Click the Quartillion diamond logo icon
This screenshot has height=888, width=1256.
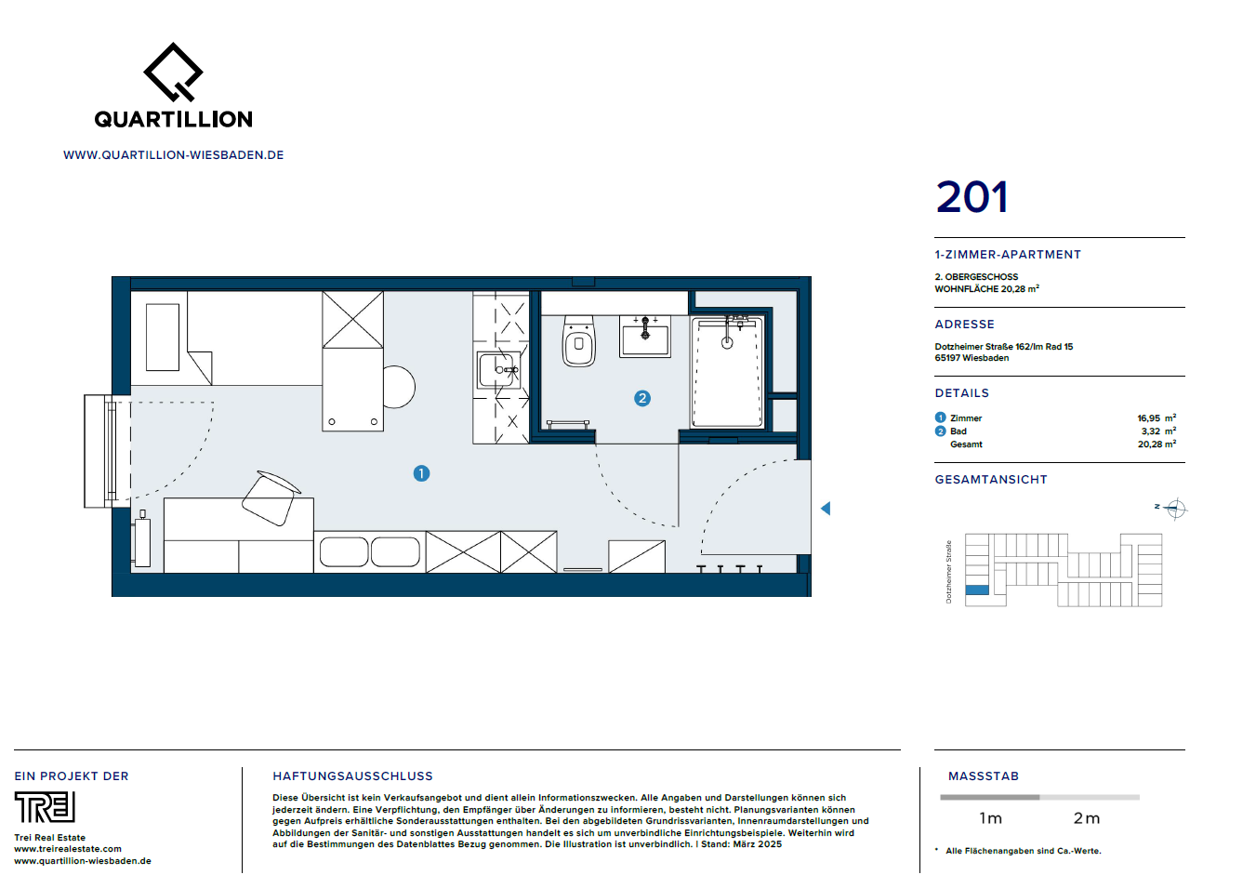tap(173, 72)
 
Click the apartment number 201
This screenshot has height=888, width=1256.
tap(972, 197)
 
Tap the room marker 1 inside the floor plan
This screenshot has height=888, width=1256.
tap(421, 473)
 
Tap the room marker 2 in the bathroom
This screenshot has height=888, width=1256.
tap(641, 398)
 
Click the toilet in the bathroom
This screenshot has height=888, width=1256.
tap(578, 342)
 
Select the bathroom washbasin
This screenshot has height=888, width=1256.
tap(645, 337)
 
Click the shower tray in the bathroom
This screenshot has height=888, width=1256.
tap(727, 372)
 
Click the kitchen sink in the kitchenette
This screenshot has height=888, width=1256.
tap(498, 370)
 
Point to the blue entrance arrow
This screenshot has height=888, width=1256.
tap(826, 509)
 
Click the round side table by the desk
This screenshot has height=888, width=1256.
tap(398, 387)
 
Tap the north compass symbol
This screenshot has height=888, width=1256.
tap(1175, 509)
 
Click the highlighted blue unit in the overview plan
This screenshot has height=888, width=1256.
tap(977, 590)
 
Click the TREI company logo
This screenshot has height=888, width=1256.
tap(45, 807)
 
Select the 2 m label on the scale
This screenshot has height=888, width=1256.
tap(1086, 818)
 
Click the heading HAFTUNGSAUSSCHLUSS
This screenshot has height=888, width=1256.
tap(352, 776)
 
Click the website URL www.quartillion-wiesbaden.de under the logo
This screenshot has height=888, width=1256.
tap(174, 155)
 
